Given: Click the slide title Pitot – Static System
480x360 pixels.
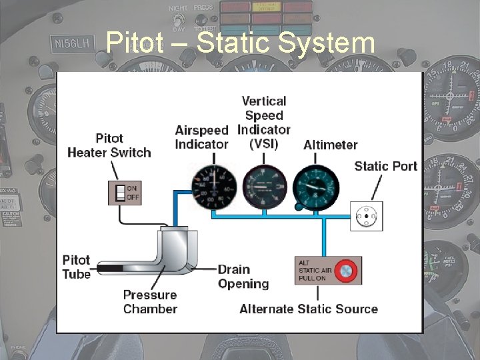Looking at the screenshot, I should click(x=240, y=43).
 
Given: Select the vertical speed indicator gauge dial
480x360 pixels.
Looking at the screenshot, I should click(x=264, y=186).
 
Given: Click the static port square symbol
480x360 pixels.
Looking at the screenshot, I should click(x=367, y=216).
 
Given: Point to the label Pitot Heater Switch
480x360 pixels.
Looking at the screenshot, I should click(x=109, y=145).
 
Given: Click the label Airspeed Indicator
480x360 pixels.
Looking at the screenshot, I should click(x=201, y=137).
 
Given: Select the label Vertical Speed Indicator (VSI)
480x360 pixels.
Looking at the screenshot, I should click(x=264, y=122).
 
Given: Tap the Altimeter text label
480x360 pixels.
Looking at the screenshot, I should click(x=330, y=145).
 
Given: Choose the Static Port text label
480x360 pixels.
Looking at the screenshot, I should click(x=385, y=166).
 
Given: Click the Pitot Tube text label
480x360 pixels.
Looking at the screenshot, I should click(x=76, y=267).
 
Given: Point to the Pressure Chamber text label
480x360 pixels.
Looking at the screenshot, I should click(x=150, y=302).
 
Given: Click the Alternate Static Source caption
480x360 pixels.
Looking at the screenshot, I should click(x=308, y=309).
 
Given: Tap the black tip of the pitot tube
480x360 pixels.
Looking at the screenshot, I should click(x=111, y=269).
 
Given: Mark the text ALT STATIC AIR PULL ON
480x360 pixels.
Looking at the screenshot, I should click(x=315, y=269).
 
